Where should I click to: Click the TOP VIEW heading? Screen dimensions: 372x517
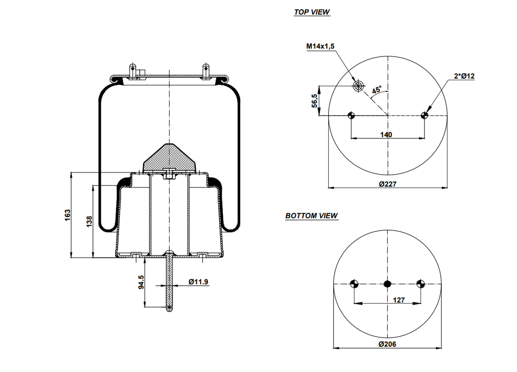(312, 12)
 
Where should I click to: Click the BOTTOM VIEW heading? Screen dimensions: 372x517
(312, 216)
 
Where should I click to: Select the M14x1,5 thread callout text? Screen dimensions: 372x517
(321, 46)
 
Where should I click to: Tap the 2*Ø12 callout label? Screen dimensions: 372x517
(464, 76)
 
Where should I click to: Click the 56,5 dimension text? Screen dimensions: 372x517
(315, 100)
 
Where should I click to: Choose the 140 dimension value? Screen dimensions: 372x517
(387, 135)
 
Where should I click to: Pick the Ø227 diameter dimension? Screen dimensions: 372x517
(387, 184)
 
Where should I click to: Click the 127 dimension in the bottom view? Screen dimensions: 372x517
(398, 300)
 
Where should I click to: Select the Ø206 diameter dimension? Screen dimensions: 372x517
(387, 344)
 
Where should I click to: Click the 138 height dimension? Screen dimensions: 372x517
(90, 221)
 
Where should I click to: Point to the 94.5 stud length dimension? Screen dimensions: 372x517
(141, 281)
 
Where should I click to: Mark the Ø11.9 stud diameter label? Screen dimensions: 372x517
(198, 282)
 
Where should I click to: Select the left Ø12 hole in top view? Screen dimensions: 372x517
(351, 116)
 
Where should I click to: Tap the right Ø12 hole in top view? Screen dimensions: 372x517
(424, 116)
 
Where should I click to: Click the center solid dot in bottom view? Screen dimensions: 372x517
(387, 284)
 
